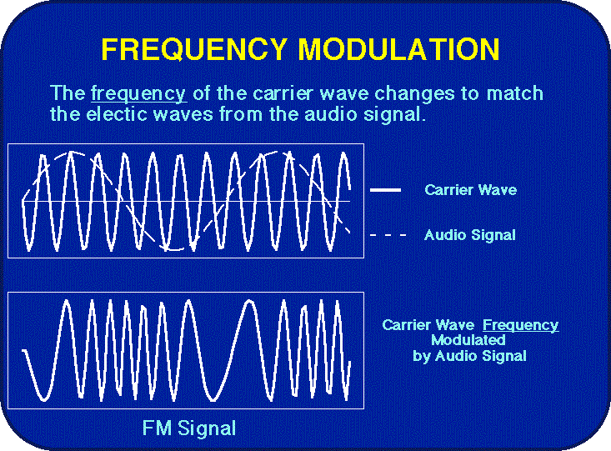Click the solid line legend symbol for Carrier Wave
pyautogui.click(x=385, y=190)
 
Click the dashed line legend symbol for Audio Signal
pyautogui.click(x=388, y=236)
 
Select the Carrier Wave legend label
pyautogui.click(x=470, y=190)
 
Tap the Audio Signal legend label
pyautogui.click(x=469, y=235)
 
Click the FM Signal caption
pyautogui.click(x=189, y=428)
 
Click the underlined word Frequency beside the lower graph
pyautogui.click(x=520, y=325)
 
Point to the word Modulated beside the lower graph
pyautogui.click(x=468, y=340)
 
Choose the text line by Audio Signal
pyautogui.click(x=469, y=356)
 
